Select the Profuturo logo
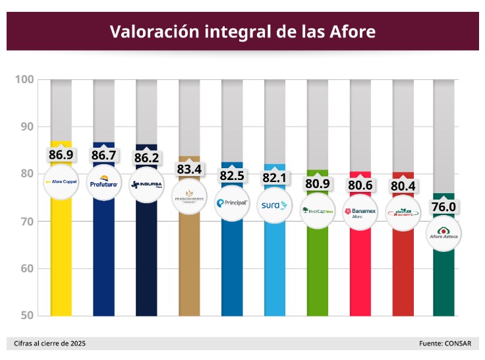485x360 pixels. [x=103, y=184]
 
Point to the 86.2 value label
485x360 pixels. [x=146, y=158]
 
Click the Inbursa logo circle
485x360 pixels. [x=146, y=184]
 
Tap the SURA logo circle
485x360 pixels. [x=275, y=205]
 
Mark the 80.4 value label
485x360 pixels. [x=403, y=186]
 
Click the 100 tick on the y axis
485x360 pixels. [x=24, y=80]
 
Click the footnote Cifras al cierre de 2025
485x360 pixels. [x=50, y=344]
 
